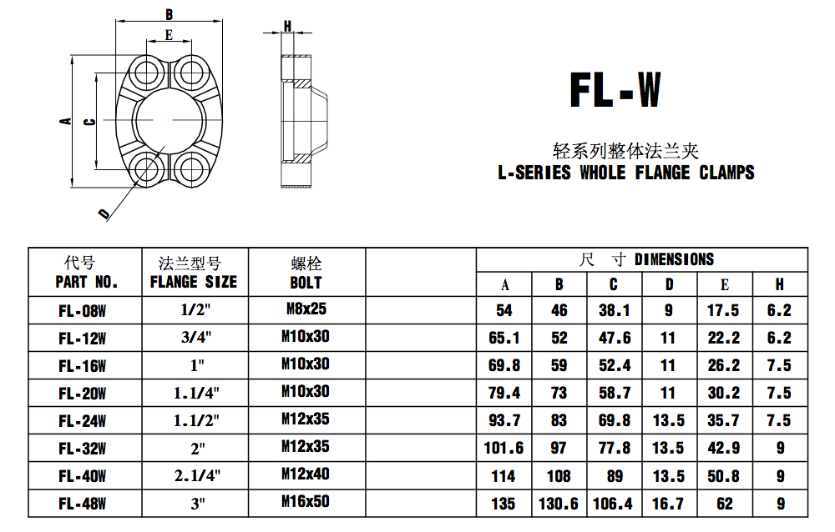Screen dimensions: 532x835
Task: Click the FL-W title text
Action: click(x=615, y=90)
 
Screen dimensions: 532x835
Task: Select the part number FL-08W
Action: click(x=83, y=311)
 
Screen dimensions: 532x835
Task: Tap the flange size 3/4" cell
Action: click(x=197, y=338)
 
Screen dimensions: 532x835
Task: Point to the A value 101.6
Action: click(x=504, y=448)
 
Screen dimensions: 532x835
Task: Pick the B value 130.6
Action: click(x=559, y=504)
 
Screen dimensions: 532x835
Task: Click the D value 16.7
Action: click(x=668, y=504)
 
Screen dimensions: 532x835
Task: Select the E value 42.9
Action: click(x=723, y=448)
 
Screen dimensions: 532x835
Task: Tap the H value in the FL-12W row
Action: click(x=779, y=338)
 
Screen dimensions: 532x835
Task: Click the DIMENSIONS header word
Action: click(x=674, y=259)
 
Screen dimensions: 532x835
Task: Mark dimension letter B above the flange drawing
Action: click(x=169, y=14)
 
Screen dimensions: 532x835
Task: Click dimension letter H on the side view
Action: click(x=288, y=26)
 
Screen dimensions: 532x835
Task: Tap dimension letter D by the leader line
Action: click(x=104, y=214)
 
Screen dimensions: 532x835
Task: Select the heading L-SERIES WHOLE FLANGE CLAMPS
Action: click(x=625, y=173)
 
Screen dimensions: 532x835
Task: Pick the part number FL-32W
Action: click(x=83, y=449)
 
